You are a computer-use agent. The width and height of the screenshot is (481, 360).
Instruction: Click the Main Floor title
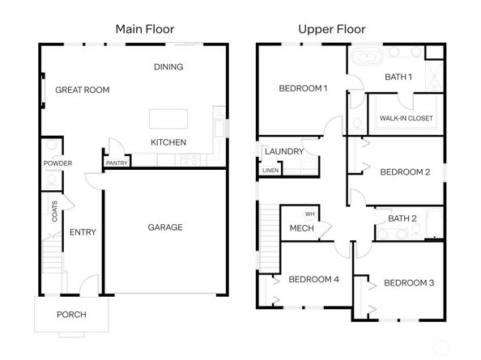coord(145,29)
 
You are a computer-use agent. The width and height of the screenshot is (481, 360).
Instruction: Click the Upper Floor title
coord(332,29)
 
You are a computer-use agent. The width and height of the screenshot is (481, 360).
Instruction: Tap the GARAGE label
coord(165,227)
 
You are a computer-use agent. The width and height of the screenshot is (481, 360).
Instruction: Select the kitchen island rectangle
coord(168,119)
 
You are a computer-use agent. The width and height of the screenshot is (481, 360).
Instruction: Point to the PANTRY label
coord(117,163)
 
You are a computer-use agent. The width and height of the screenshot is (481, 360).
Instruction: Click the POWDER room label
coord(57,163)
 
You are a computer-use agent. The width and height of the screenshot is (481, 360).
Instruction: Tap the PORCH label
coord(71,315)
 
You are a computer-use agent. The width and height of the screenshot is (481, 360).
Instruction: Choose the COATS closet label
coord(54,211)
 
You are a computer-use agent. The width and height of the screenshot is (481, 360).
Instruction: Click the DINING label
coord(168,67)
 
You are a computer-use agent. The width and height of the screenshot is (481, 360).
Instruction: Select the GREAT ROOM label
coord(83,90)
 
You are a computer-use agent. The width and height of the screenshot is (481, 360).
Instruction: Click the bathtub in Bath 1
coord(367,57)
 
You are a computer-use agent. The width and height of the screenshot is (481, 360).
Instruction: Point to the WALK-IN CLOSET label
coord(407,118)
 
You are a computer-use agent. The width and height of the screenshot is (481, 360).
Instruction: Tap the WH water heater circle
coord(310,214)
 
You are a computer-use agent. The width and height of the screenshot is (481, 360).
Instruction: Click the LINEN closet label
coord(270,171)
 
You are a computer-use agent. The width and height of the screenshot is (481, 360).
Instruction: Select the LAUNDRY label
coord(284,151)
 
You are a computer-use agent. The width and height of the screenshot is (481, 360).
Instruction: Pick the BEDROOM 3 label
coord(409,283)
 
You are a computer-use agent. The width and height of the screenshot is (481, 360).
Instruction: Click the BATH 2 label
coord(402,218)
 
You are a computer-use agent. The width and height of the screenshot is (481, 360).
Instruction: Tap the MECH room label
coord(301,228)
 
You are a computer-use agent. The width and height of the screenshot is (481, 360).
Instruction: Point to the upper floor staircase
coord(270,239)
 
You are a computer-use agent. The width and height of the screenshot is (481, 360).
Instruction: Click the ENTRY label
coord(83,232)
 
